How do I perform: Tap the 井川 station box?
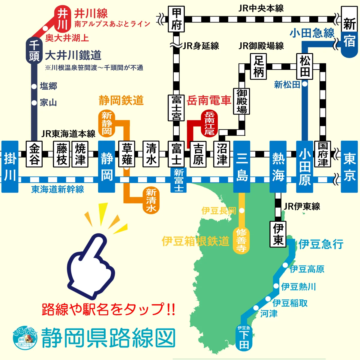(x=62, y=19)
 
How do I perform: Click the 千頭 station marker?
(x=34, y=50)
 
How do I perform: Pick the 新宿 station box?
(x=349, y=32)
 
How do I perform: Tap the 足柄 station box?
(x=258, y=66)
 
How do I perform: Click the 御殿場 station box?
(x=241, y=101)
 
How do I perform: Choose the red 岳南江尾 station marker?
(x=209, y=123)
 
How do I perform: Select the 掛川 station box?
(x=10, y=166)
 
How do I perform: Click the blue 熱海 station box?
(x=278, y=166)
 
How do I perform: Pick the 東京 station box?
(x=350, y=166)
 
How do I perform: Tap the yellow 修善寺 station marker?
(x=241, y=240)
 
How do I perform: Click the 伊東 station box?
(x=278, y=234)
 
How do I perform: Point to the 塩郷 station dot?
(x=34, y=86)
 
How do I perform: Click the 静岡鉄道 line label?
(x=121, y=100)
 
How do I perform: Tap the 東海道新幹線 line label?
(x=58, y=189)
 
